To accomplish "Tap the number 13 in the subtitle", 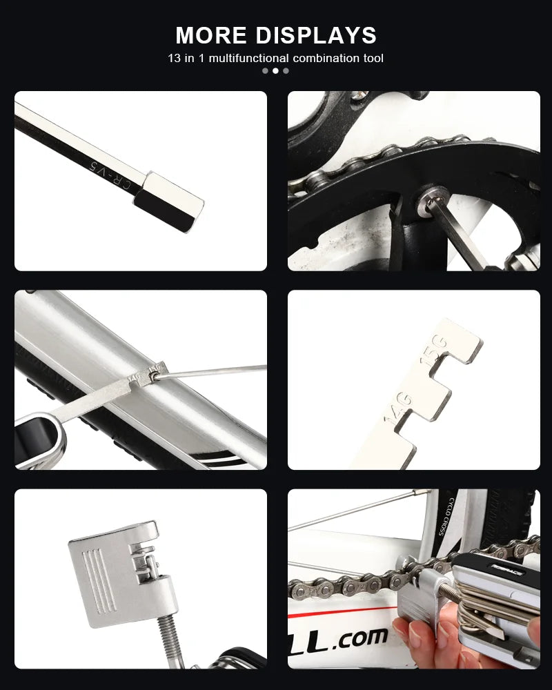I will click(174, 58).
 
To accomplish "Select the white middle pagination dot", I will click(275, 70).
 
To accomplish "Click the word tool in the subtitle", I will click(373, 58).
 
